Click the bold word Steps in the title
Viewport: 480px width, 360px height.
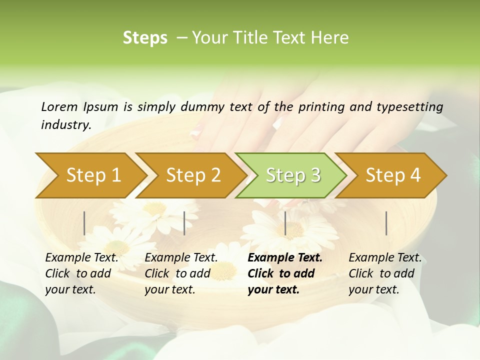point(145,38)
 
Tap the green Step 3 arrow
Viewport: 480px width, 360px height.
point(293,175)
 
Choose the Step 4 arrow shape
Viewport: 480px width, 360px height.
point(393,175)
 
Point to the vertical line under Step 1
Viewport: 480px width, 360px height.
point(84,223)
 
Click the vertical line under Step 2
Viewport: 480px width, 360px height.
point(184,223)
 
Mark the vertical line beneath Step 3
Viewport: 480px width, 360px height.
point(285,223)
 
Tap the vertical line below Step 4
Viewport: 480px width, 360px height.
point(386,223)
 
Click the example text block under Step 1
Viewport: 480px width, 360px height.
point(81,273)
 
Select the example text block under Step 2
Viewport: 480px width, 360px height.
point(181,273)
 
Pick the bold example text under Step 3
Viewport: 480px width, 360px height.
point(285,273)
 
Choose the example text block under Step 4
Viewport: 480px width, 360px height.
point(385,273)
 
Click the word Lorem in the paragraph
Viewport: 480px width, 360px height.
point(59,106)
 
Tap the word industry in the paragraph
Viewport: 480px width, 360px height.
point(66,124)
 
